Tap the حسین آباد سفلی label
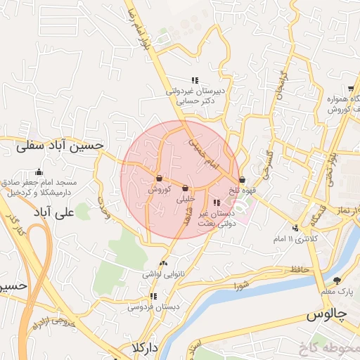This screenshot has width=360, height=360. click(60, 146)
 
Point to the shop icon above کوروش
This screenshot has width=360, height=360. click(160, 178)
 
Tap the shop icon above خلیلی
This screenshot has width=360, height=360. click(185, 188)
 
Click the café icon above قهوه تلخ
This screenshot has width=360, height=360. click(243, 179)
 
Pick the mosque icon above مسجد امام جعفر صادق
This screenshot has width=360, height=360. click(39, 172)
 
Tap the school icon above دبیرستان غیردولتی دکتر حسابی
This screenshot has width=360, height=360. click(195, 80)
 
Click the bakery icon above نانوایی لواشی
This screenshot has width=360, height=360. click(163, 264)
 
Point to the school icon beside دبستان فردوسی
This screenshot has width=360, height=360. click(153, 296)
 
